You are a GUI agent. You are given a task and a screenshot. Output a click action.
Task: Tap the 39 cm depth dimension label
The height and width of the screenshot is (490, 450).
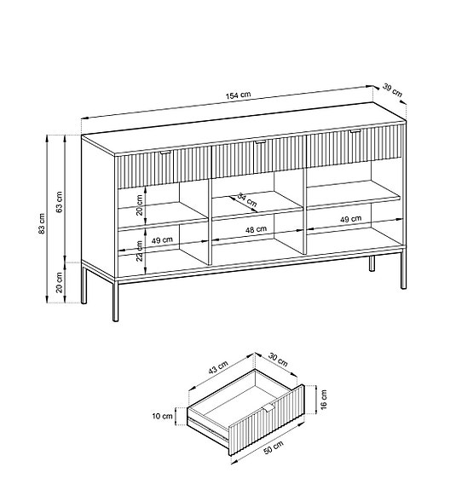pyautogui.click(x=392, y=89)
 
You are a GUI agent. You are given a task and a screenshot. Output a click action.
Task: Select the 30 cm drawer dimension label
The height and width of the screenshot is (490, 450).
pyautogui.click(x=276, y=360)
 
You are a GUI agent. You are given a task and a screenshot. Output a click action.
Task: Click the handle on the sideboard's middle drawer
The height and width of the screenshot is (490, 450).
pyautogui.click(x=258, y=143)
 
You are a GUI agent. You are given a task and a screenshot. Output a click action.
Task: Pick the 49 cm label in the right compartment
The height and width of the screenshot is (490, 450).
pyautogui.click(x=350, y=220)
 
